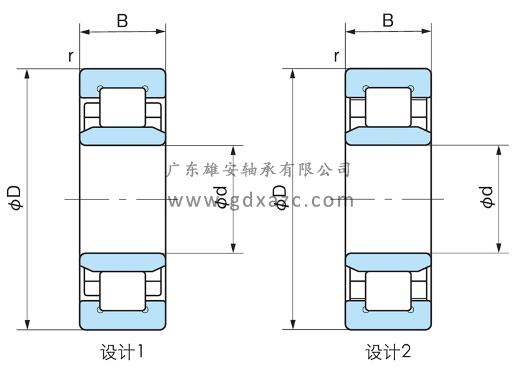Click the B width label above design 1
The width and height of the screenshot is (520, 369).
coord(122,21)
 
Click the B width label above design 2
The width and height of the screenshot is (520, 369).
coord(388,21)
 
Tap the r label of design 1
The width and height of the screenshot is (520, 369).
coord(70,57)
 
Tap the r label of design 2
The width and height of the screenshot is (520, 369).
coord(336,57)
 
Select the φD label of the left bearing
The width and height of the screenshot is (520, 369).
coord(14,198)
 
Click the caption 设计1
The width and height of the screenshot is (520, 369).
coord(122,353)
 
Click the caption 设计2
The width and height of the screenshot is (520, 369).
coord(388,353)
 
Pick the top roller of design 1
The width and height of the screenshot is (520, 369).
coord(122,107)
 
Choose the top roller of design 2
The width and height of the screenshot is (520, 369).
coord(388,107)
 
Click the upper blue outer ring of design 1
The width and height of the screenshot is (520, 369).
coord(122,77)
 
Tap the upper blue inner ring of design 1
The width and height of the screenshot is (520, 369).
coord(122,137)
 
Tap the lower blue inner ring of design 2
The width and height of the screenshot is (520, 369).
coord(388,261)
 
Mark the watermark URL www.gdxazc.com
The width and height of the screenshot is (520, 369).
coord(260,201)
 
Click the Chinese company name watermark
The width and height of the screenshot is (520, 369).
coord(260,170)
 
